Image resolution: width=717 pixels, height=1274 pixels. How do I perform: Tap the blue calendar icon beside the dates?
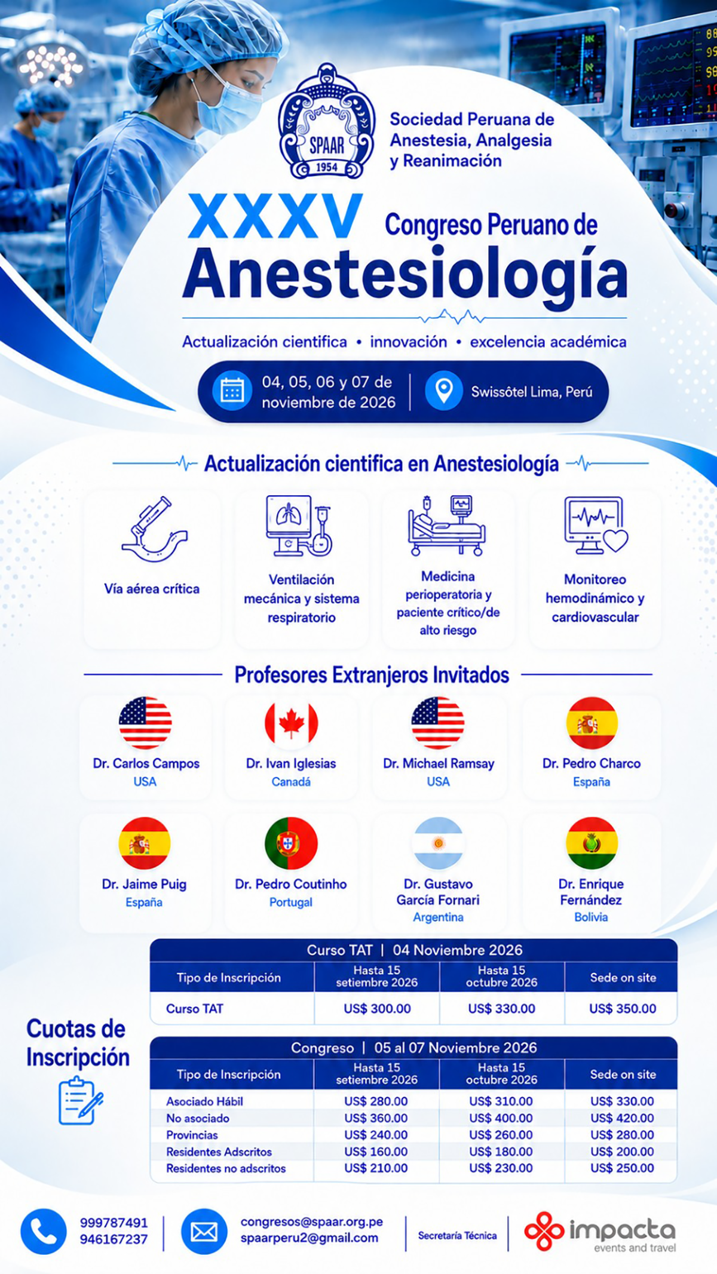232,391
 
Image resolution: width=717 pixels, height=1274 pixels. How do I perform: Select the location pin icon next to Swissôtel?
443,391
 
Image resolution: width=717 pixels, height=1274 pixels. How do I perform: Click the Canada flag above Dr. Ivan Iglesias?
291,723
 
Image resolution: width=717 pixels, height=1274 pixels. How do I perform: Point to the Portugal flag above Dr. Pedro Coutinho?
291,843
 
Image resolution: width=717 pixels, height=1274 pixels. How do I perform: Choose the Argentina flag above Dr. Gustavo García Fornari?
438,843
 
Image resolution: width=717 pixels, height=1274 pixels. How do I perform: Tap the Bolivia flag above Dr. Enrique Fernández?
592,843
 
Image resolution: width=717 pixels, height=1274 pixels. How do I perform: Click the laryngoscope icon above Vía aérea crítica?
154,529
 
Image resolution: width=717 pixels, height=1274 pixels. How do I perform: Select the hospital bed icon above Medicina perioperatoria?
447,525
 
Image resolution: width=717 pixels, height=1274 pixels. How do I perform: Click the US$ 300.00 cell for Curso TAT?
377,1009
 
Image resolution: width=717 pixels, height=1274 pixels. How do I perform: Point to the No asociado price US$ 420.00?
622,1118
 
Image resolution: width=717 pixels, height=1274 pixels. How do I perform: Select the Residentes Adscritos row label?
219,1152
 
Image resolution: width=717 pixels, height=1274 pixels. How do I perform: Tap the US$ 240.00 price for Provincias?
376,1135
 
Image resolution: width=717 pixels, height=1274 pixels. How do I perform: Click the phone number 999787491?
114,1223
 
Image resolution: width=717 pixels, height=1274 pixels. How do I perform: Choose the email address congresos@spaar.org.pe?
312,1221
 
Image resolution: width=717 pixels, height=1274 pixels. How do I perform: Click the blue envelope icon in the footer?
204,1232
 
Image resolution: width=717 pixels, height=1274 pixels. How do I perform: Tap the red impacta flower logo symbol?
544,1231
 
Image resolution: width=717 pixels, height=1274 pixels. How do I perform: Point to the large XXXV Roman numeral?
275,216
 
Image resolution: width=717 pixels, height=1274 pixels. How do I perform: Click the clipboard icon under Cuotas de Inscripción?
80,1100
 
